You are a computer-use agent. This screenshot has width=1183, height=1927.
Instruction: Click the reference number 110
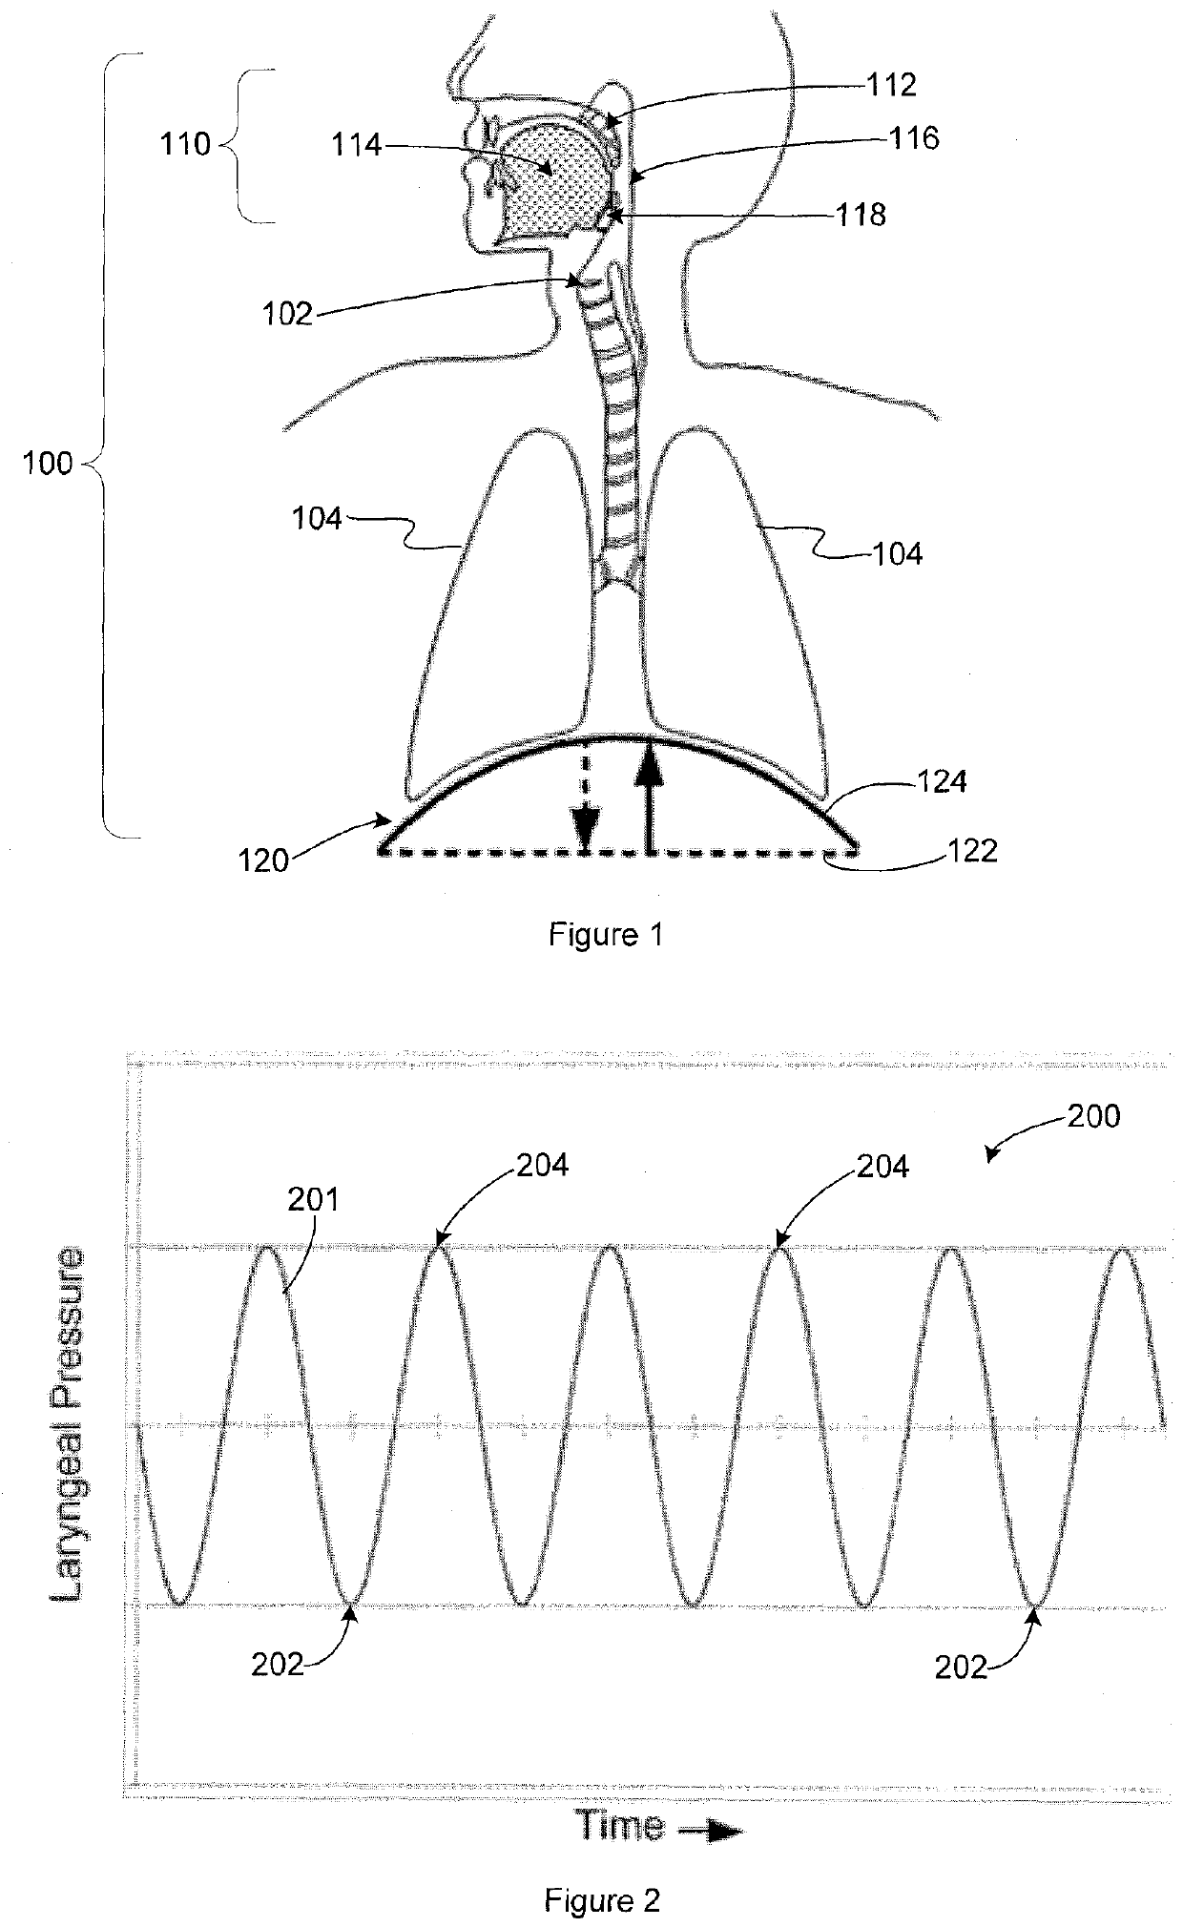pyautogui.click(x=186, y=145)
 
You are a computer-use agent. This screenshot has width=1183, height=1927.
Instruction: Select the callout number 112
pyautogui.click(x=891, y=85)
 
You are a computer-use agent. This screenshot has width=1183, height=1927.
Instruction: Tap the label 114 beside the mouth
pyautogui.click(x=356, y=145)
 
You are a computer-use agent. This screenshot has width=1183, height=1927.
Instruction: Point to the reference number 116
pyautogui.click(x=914, y=138)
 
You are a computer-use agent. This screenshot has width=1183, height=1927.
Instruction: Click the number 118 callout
pyautogui.click(x=861, y=215)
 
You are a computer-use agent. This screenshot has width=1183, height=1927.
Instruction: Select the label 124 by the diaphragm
pyautogui.click(x=942, y=782)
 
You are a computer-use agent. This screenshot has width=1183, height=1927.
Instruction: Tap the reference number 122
pyautogui.click(x=972, y=850)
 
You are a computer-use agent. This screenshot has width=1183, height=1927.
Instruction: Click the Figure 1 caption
pyautogui.click(x=605, y=935)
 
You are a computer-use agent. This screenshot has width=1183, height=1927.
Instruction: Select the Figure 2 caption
pyautogui.click(x=602, y=1900)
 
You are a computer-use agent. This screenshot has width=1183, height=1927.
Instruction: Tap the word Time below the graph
pyautogui.click(x=621, y=1825)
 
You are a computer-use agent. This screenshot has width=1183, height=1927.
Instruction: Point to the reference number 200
pyautogui.click(x=1093, y=1115)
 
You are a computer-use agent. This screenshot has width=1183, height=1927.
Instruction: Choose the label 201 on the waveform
pyautogui.click(x=314, y=1200)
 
